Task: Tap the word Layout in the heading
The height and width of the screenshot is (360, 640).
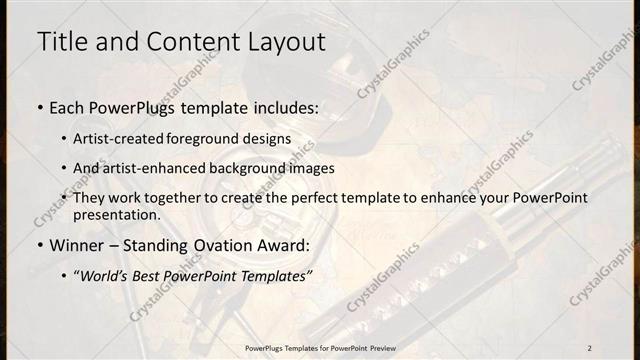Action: (x=279, y=42)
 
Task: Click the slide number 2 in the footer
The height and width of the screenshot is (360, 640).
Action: (x=590, y=347)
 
